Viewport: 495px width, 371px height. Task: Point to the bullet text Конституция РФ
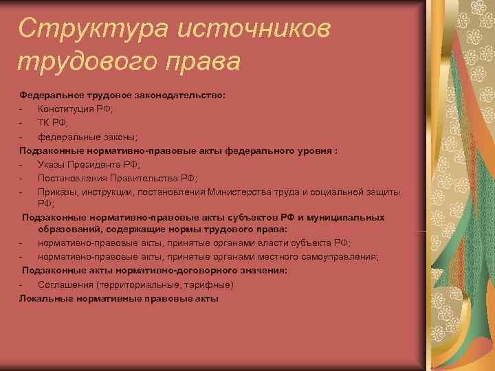76,109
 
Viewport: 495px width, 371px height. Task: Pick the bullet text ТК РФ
52,123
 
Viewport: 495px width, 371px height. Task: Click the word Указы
52,164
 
